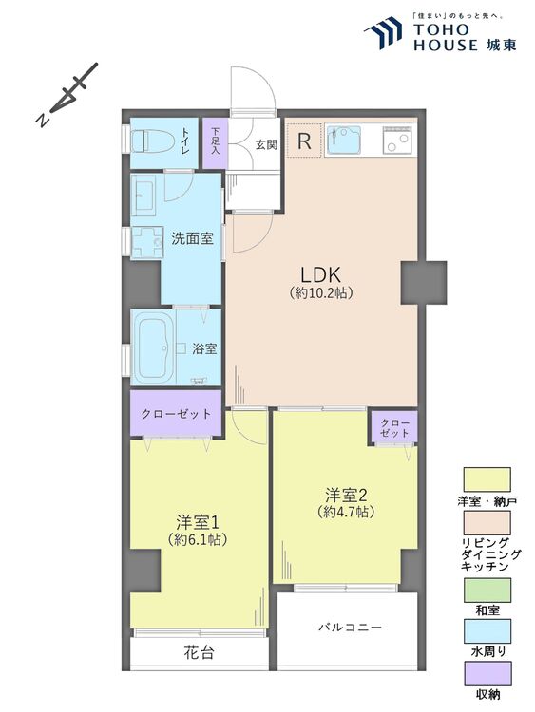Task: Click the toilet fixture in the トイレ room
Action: [153, 141]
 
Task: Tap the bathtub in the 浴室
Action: [153, 347]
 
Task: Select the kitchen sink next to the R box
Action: [344, 140]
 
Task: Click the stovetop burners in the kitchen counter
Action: [397, 140]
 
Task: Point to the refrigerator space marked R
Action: [304, 141]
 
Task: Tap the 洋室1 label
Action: [198, 522]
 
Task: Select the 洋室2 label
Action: [346, 494]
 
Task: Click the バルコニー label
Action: [350, 628]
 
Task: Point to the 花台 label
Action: [200, 652]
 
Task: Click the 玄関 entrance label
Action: [266, 144]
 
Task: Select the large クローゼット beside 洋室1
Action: [176, 413]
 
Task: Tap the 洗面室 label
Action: [192, 238]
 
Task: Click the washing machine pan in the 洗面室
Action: [147, 242]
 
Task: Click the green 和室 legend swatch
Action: [487, 590]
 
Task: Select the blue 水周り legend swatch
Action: [487, 631]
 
